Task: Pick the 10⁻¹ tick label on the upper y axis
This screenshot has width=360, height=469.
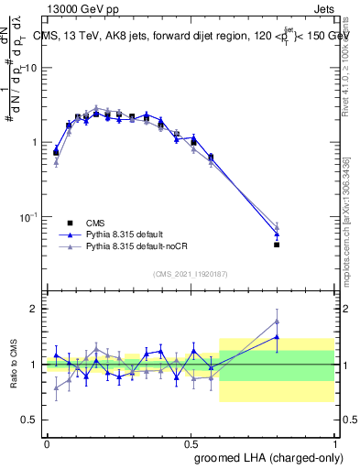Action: [x=29, y=217]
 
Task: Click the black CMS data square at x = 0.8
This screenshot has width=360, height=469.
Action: [x=277, y=245]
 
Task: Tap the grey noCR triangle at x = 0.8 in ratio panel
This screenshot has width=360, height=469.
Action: [x=277, y=321]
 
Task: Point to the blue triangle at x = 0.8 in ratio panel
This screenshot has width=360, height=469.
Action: [x=277, y=337]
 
